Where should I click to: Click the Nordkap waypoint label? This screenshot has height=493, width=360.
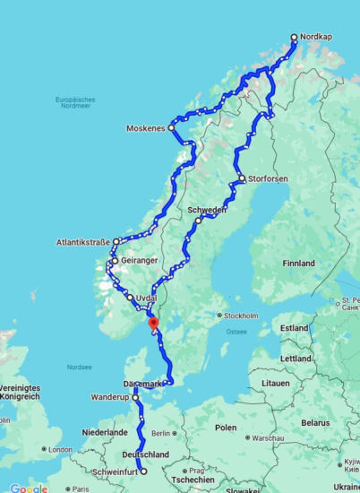316,38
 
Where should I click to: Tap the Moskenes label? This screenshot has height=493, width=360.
145,128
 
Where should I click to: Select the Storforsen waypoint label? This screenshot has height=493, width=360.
269,179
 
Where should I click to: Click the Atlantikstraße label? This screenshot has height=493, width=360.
83,242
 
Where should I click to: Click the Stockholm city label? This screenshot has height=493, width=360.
242,316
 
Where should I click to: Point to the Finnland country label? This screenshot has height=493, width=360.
298,264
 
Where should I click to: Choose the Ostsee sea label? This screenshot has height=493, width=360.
237,331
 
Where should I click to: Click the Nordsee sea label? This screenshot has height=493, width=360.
79,367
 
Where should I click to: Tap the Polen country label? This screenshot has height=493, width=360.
226,428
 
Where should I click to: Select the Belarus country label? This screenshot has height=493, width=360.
315,421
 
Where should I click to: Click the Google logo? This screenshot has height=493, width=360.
29,488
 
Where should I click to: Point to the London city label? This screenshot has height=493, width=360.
60,449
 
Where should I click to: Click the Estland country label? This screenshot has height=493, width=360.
294,328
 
